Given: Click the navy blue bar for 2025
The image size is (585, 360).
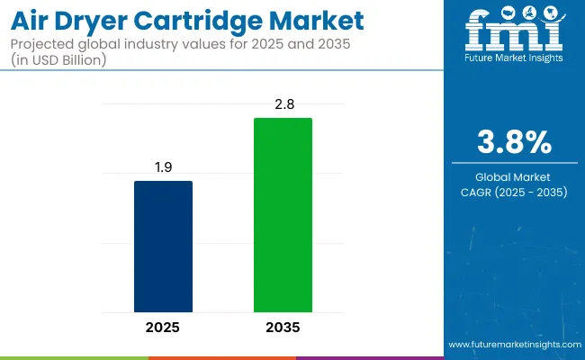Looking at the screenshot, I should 163,246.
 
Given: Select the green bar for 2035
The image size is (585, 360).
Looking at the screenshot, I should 283,214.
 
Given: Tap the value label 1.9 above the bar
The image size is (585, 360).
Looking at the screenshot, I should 163,168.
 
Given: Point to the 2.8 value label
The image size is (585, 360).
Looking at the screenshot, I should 283,105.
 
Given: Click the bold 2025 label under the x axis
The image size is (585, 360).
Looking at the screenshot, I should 163,327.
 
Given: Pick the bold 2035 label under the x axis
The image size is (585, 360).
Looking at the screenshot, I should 283,327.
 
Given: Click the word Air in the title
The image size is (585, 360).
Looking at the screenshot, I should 34,20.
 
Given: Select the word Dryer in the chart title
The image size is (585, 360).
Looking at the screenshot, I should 100,20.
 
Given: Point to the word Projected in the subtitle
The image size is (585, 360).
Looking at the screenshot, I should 44,44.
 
